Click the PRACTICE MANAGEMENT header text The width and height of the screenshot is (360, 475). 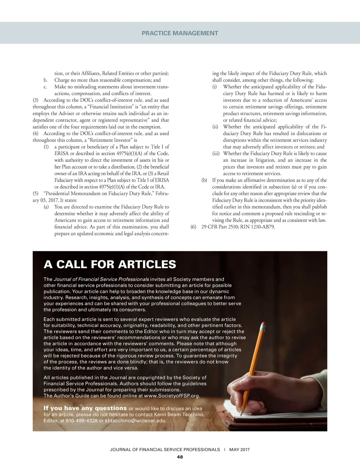coord(180,33)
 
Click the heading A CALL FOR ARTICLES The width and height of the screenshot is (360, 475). coord(110,264)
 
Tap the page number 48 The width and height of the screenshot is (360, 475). coord(180,457)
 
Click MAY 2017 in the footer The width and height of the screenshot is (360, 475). coord(239,449)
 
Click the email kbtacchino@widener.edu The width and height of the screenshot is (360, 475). coord(136,420)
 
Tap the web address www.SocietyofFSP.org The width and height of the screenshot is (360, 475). coord(172,395)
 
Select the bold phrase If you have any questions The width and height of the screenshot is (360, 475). coord(85,408)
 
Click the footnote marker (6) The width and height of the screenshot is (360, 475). coord(193,227)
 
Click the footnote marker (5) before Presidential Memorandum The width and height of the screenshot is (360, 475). coord(36,194)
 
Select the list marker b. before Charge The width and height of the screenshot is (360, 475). coord(45,80)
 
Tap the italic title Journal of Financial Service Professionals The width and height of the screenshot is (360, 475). coord(101,279)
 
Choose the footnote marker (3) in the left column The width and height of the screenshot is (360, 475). coord(36,100)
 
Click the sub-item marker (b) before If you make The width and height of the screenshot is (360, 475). coord(204,180)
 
